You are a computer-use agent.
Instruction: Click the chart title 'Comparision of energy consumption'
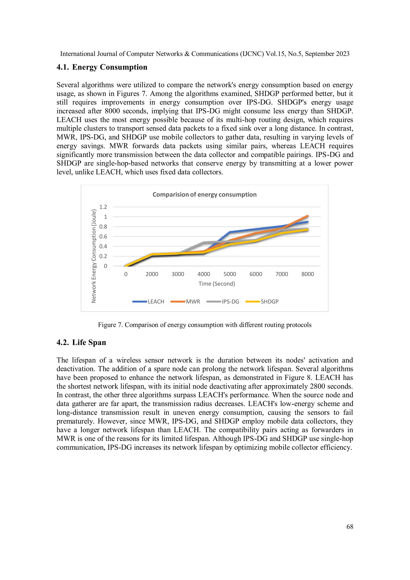[204, 194]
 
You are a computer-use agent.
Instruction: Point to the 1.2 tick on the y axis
[103, 207]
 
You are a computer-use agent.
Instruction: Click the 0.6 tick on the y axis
[103, 237]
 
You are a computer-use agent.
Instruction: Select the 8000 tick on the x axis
[307, 274]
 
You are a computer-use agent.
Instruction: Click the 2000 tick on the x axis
[152, 274]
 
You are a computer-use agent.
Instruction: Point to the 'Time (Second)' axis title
[217, 284]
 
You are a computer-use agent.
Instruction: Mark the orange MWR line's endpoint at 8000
[307, 216]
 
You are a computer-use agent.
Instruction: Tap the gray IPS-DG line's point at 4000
[204, 243]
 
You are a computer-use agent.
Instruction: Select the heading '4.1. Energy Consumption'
[102, 67]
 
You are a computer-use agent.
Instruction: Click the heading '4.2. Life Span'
[81, 342]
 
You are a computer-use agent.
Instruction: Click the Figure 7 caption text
[204, 325]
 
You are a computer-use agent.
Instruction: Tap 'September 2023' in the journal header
[327, 54]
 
